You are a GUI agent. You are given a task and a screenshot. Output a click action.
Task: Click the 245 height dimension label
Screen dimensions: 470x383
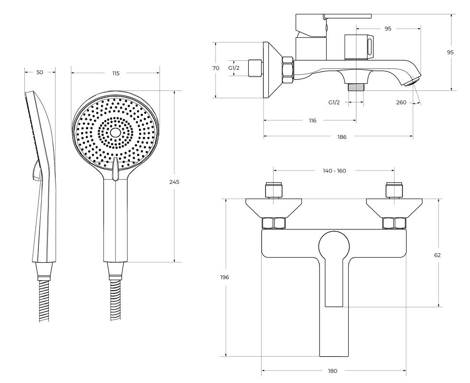click(x=174, y=182)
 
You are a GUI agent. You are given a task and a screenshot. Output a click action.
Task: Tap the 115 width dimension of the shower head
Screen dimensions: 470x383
click(x=115, y=73)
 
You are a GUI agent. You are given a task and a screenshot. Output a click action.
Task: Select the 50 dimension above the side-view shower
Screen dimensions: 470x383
click(x=40, y=72)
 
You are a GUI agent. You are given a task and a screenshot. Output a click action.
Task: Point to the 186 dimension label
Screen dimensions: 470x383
click(x=342, y=137)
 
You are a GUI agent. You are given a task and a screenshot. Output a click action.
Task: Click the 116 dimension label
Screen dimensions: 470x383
click(x=312, y=121)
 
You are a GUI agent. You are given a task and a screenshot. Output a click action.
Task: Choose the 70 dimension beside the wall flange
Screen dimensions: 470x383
click(x=216, y=68)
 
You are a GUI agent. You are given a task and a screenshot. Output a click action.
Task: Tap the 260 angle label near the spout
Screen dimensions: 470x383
click(x=401, y=102)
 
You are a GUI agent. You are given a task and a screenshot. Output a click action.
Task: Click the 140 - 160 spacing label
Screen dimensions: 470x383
click(x=334, y=171)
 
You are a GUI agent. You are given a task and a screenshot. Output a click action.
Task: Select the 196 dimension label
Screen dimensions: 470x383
click(x=224, y=277)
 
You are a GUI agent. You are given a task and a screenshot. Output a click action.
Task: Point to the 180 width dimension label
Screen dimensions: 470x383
click(x=332, y=371)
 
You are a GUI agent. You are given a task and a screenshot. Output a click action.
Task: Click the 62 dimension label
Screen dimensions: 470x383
click(x=437, y=255)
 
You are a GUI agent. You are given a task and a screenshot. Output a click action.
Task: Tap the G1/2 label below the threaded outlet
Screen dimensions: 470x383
click(x=334, y=102)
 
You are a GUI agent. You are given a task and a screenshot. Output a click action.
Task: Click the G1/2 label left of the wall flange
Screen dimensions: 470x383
click(x=234, y=68)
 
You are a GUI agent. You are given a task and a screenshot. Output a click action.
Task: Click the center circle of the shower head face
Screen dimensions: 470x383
click(x=115, y=133)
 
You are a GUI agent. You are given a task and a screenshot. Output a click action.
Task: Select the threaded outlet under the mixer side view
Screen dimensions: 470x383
click(x=355, y=87)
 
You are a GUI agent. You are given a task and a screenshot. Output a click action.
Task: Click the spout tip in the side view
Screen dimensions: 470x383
click(x=411, y=81)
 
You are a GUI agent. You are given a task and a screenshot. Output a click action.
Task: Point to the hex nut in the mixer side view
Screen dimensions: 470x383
click(x=288, y=70)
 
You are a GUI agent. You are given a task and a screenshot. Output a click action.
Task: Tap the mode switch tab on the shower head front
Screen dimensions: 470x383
click(x=115, y=169)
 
